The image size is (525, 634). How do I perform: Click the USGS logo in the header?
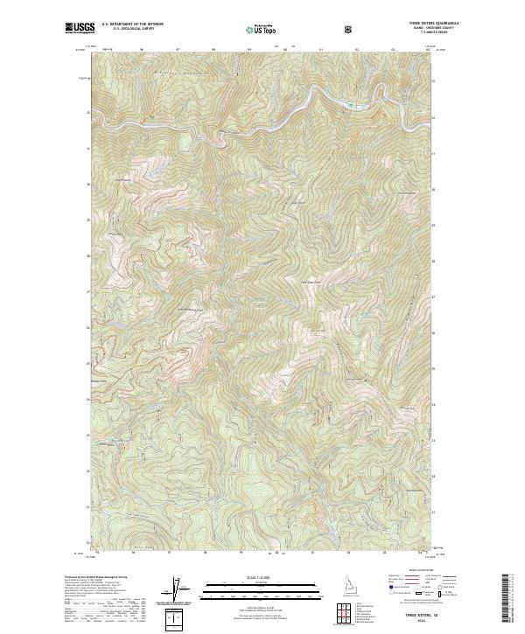[x=80, y=29]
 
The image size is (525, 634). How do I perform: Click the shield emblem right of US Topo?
[x=350, y=30]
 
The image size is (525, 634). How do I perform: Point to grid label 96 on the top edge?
[x=142, y=50]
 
